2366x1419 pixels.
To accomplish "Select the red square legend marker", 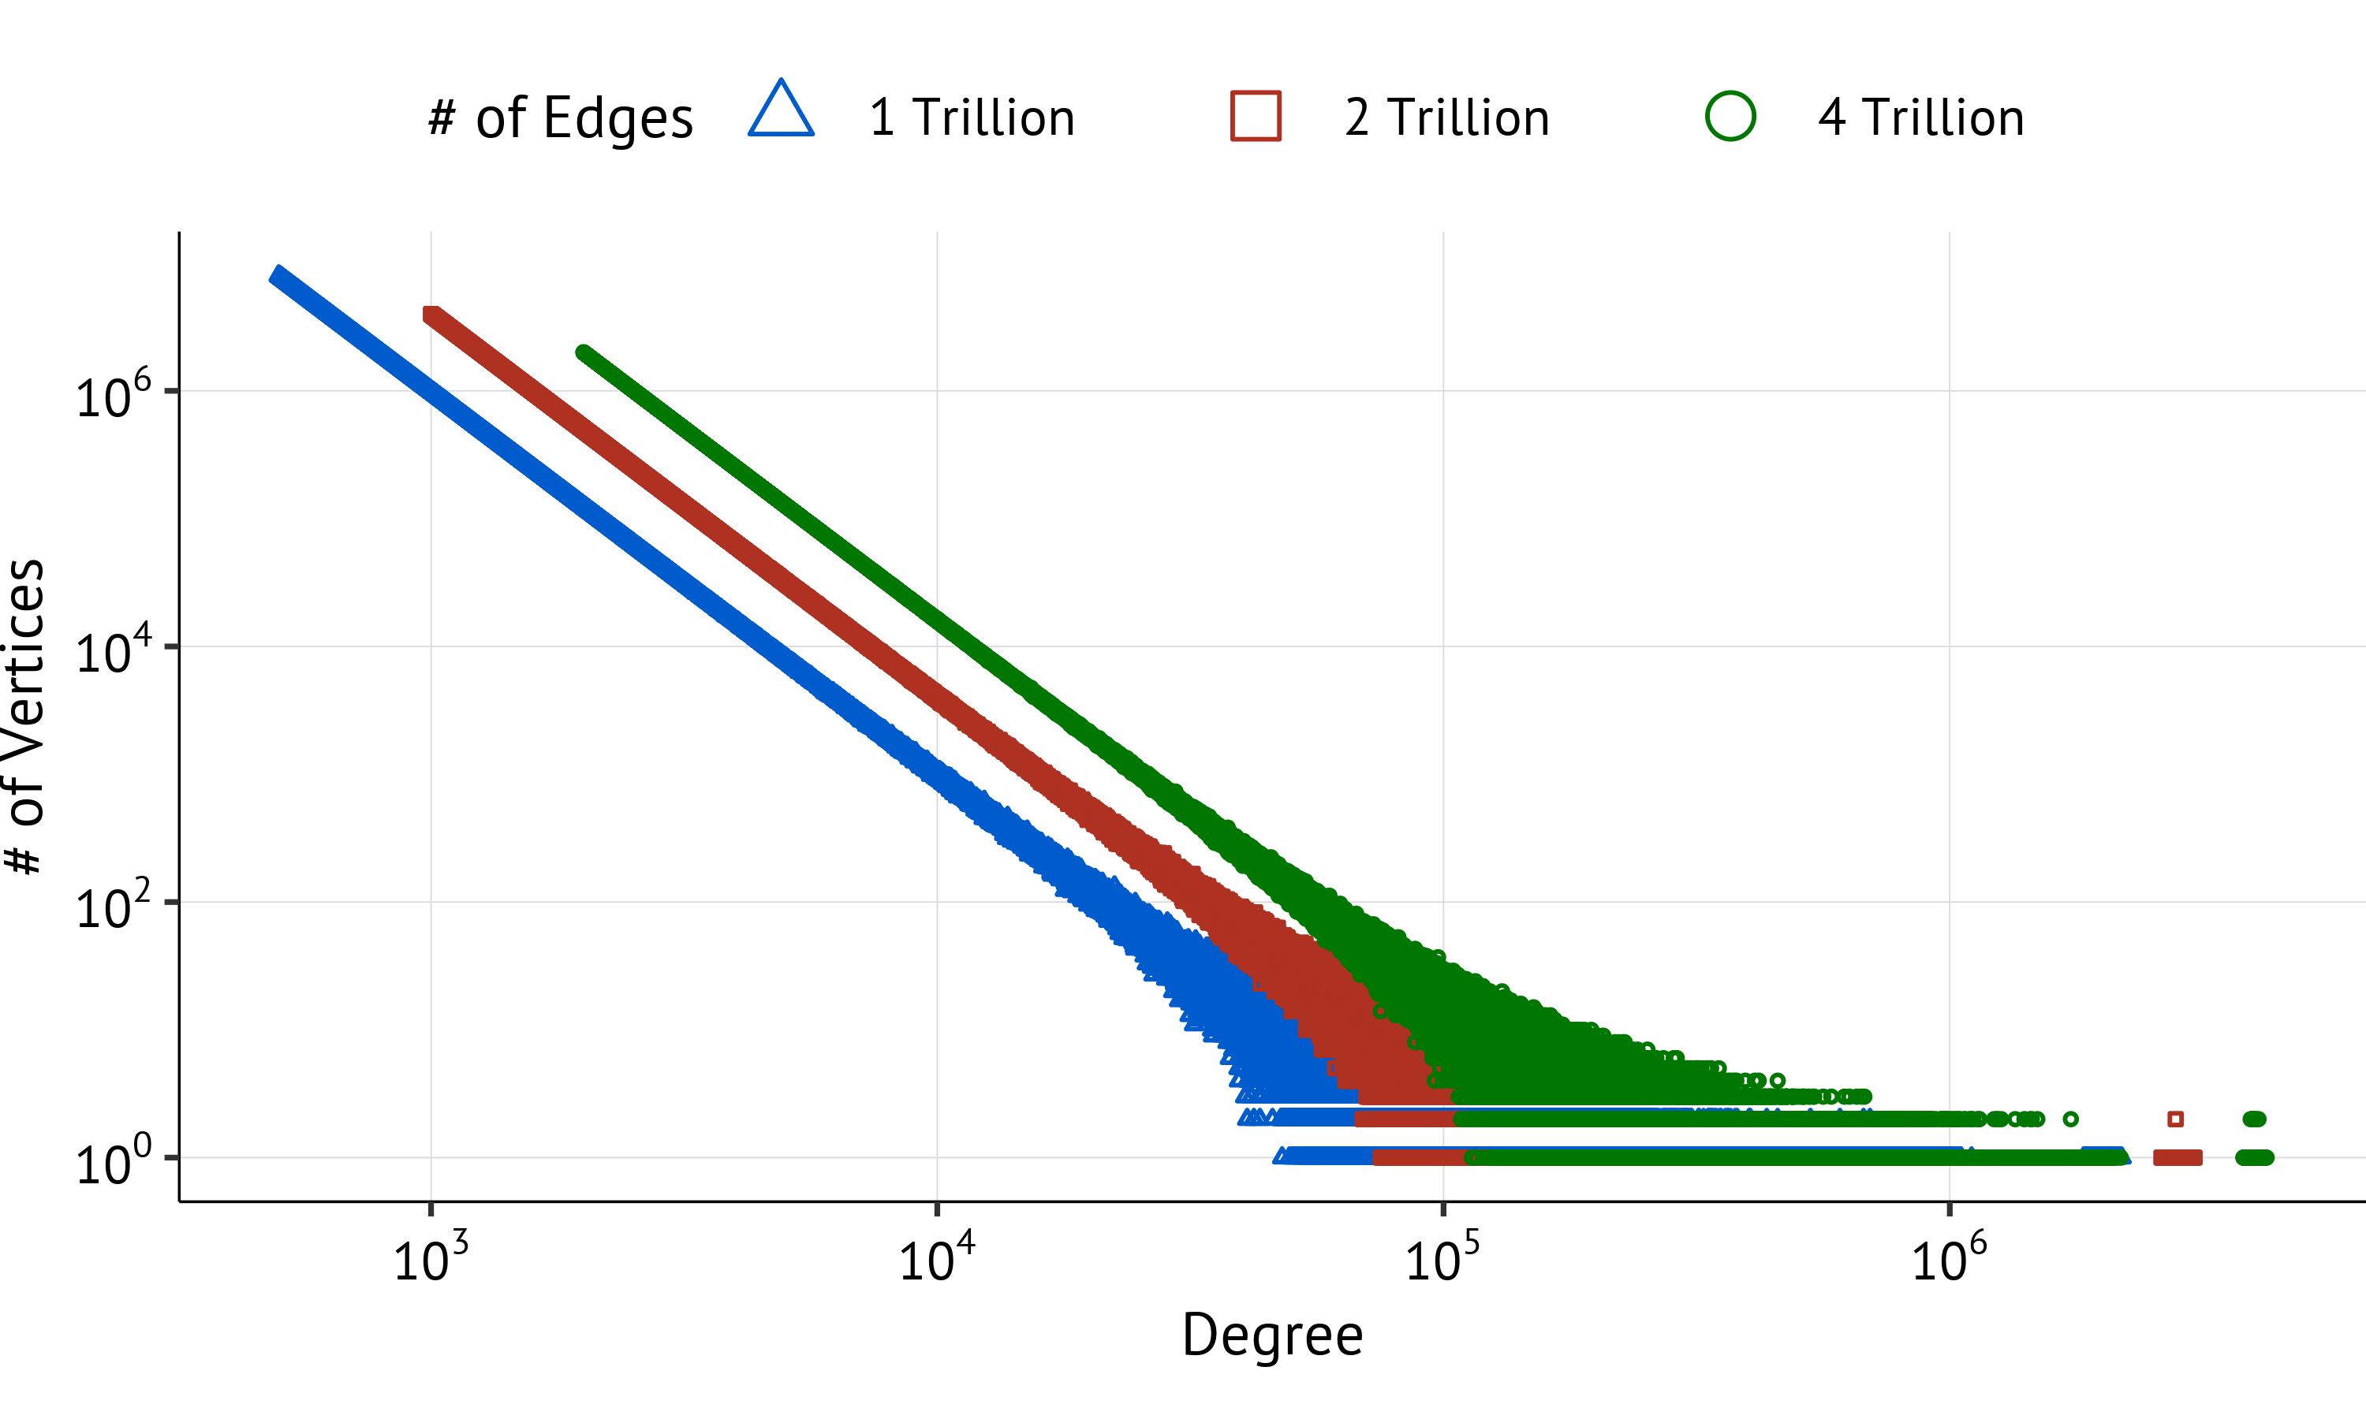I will (1256, 117).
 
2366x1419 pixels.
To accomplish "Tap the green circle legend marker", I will (1730, 117).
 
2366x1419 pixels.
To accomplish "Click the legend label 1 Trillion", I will (972, 117).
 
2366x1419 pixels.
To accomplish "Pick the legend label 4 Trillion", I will (1921, 117).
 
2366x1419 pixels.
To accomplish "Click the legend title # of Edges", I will (561, 118).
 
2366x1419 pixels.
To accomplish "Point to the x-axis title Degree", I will (1272, 1335).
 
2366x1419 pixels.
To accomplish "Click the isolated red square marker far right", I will (2176, 1119).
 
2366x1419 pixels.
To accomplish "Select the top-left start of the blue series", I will (278, 275).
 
